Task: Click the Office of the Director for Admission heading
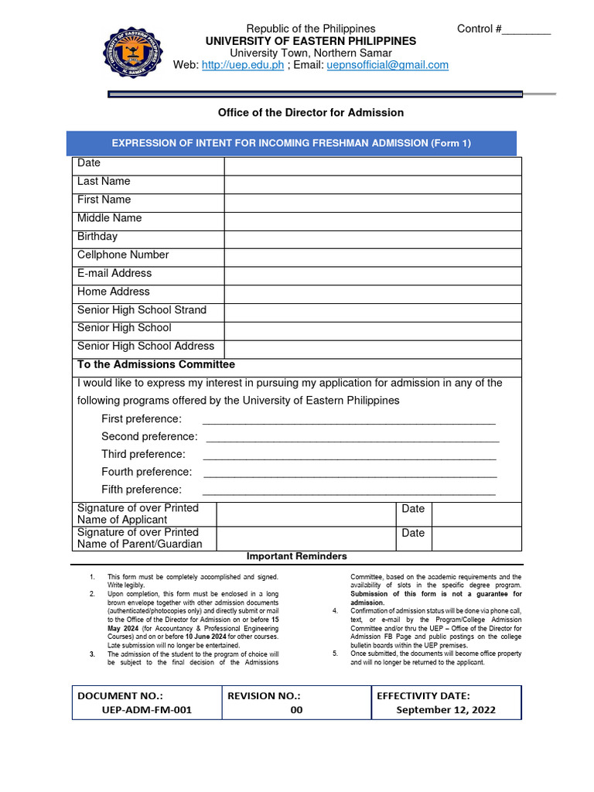pos(311,113)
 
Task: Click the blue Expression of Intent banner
pos(291,143)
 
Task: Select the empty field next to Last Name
pos(373,184)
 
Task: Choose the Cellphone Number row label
pos(123,255)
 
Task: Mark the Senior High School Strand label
pos(142,310)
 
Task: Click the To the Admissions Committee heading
pos(156,364)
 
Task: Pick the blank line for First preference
pos(348,421)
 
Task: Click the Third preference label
pos(143,455)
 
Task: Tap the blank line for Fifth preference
pos(348,491)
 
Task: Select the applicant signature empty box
pos(306,514)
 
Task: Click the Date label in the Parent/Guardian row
pos(413,533)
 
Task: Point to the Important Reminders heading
pos(297,556)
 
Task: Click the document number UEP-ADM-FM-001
pos(147,709)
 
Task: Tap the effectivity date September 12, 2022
pos(446,709)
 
